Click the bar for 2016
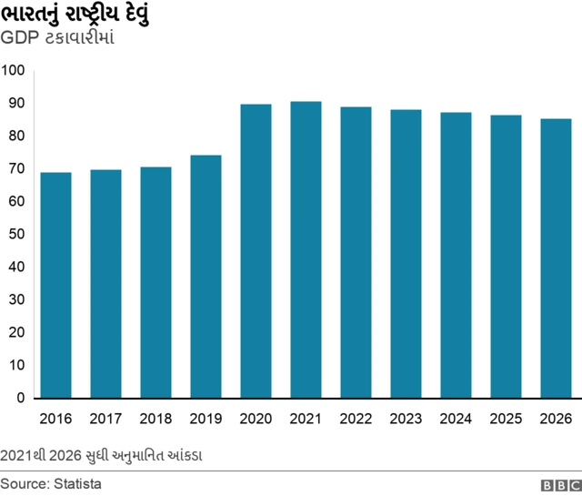pos(55,285)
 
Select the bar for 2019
pos(206,277)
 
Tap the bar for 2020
pos(256,251)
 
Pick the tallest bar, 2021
pos(306,249)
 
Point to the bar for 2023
pos(406,254)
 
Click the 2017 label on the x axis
pos(105,419)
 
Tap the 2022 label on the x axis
pos(356,419)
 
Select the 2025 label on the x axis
pos(506,419)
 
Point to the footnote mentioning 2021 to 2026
pos(102,453)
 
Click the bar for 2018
pos(156,282)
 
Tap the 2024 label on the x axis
pos(456,419)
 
